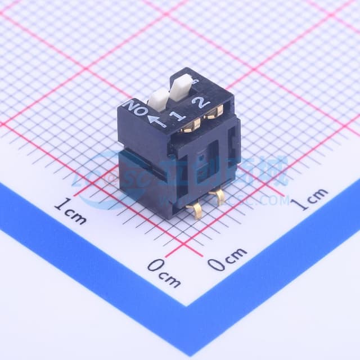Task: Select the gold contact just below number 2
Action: tap(213, 113)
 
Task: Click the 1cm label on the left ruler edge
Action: tap(70, 212)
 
